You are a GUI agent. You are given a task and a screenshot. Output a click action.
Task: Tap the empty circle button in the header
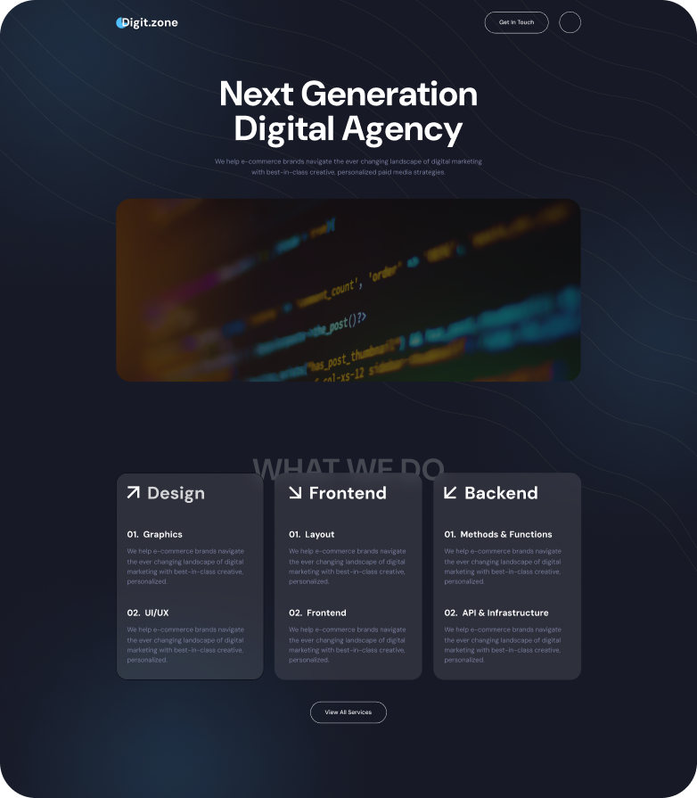[570, 22]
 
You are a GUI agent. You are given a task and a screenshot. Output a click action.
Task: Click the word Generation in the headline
[389, 95]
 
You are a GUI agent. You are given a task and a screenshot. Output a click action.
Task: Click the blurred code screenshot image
[348, 290]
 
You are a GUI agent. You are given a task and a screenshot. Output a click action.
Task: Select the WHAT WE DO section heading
[348, 466]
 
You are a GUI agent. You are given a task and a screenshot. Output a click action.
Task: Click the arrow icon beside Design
[134, 492]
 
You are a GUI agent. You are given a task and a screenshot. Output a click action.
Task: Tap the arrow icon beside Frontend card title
[295, 492]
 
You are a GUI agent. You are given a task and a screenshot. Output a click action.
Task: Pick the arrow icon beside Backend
[450, 492]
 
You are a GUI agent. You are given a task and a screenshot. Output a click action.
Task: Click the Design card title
[176, 493]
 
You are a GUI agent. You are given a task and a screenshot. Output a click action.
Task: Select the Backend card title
[501, 493]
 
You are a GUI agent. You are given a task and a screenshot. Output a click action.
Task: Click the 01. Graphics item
[154, 534]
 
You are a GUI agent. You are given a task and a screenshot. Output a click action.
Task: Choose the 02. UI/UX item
[147, 613]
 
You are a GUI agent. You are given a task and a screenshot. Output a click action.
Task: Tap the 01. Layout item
[311, 534]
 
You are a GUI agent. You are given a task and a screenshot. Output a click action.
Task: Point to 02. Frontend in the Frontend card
[317, 613]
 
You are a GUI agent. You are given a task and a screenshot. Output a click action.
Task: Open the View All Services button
[348, 712]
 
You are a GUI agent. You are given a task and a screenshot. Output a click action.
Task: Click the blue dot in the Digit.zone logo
[120, 22]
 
